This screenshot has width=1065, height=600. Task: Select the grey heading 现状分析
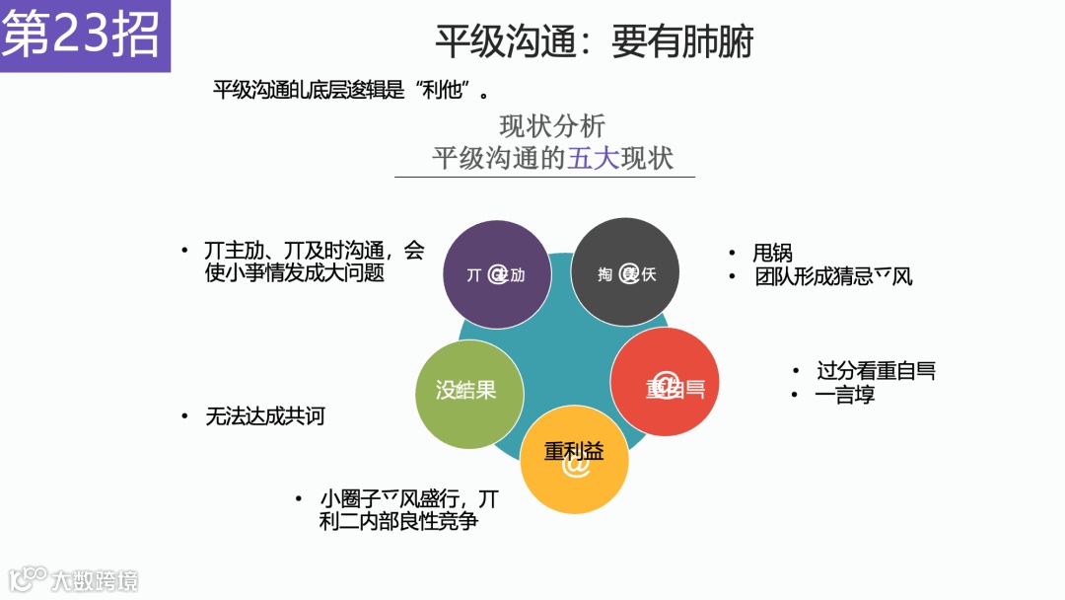tap(552, 126)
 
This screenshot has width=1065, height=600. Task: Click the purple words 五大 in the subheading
tap(594, 159)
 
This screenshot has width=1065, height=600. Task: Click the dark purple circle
tap(495, 274)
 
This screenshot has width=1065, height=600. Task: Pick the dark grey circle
tap(625, 272)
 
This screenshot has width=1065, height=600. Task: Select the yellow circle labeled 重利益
tap(574, 460)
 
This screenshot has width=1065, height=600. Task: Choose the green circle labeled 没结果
tap(466, 391)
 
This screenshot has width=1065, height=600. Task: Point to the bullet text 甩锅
tap(772, 254)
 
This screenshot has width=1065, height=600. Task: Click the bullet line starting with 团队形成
tap(833, 277)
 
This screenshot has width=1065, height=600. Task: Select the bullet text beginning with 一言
tap(845, 396)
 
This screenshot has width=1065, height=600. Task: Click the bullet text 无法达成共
tap(264, 416)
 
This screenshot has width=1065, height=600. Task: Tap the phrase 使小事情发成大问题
tap(294, 273)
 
